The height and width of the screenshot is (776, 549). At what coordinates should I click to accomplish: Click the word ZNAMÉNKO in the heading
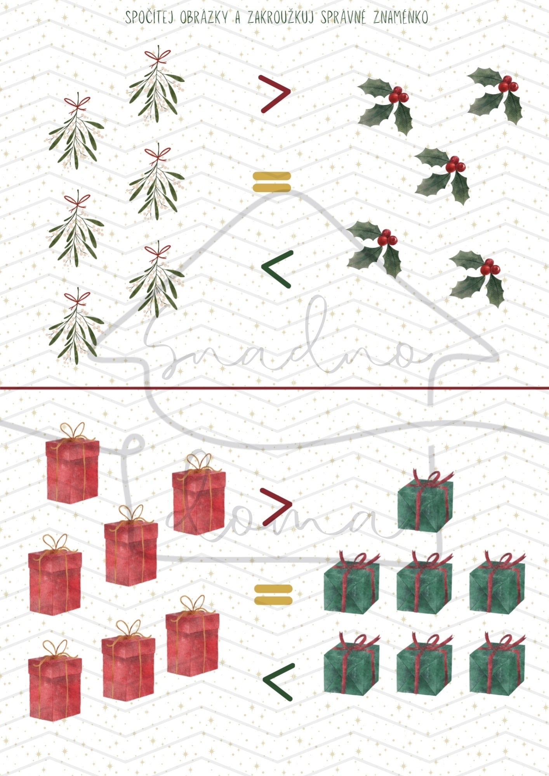[x=400, y=17]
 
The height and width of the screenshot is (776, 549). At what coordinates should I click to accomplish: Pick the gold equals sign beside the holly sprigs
[x=272, y=182]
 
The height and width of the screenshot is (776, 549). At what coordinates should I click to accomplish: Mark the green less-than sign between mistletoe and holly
[x=276, y=269]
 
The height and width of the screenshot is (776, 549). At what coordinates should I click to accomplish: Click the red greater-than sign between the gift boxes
[x=276, y=506]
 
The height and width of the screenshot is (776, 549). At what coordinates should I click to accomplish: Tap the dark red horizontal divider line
[x=274, y=387]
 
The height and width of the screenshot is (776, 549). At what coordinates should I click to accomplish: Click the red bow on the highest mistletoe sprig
[x=158, y=56]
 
